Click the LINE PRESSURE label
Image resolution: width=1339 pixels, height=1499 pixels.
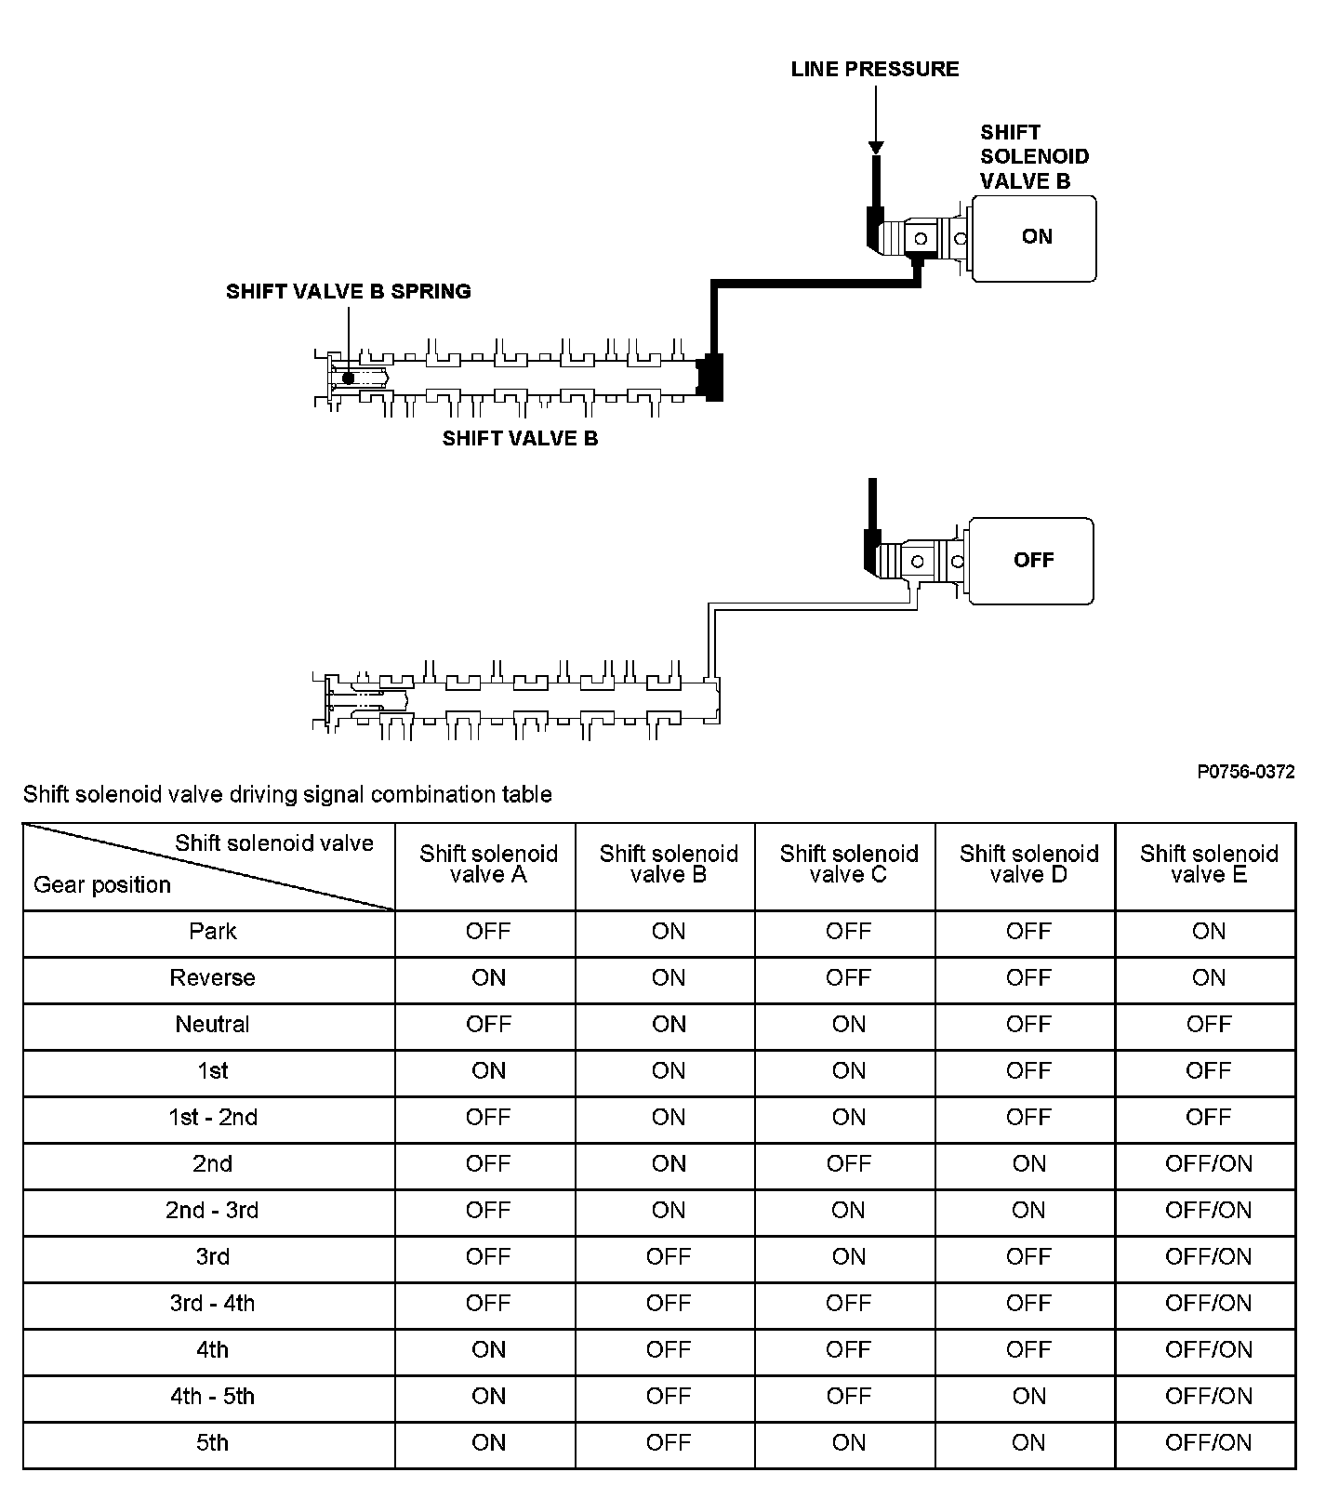pyautogui.click(x=874, y=70)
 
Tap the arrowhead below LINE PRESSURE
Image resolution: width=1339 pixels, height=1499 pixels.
pyautogui.click(x=875, y=148)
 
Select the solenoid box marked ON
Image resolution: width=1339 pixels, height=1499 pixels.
pyautogui.click(x=1034, y=238)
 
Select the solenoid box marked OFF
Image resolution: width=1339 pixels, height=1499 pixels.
pyautogui.click(x=1031, y=561)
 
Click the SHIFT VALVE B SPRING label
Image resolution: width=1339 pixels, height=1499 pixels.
pyautogui.click(x=348, y=292)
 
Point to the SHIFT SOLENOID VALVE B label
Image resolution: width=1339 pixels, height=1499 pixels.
pyautogui.click(x=1034, y=156)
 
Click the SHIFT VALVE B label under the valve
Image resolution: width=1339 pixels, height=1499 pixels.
pyautogui.click(x=520, y=439)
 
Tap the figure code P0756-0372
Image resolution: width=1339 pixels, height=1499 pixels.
pyautogui.click(x=1245, y=772)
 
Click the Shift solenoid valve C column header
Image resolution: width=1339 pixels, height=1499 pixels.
pyautogui.click(x=848, y=865)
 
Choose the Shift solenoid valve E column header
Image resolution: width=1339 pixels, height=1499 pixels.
pyautogui.click(x=1208, y=865)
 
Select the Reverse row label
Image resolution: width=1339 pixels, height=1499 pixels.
pyautogui.click(x=212, y=978)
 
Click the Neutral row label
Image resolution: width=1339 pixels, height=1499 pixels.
pyautogui.click(x=212, y=1025)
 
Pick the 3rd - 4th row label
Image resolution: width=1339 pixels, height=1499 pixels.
pyautogui.click(x=212, y=1304)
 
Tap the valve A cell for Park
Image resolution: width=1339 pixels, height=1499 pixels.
pyautogui.click(x=488, y=932)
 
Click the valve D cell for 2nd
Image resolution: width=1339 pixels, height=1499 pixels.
pyautogui.click(x=1028, y=1164)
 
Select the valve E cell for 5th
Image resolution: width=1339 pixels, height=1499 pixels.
pyautogui.click(x=1208, y=1443)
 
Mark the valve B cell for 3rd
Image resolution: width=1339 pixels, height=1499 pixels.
pyautogui.click(x=668, y=1257)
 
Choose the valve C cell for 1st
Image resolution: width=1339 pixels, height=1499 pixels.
pyautogui.click(x=848, y=1071)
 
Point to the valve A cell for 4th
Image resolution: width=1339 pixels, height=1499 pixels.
pyautogui.click(x=488, y=1350)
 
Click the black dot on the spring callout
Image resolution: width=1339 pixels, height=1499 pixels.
pyautogui.click(x=348, y=378)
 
